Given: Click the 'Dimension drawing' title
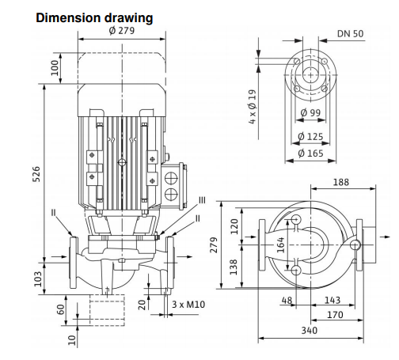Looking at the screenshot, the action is point(94,18).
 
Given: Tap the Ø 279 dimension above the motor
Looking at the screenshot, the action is point(122,31).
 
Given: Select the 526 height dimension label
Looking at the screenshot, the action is point(36,174).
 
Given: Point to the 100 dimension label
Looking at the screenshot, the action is point(55,68).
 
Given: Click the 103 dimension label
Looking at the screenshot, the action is point(38,279).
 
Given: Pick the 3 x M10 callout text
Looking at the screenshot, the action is point(188,305).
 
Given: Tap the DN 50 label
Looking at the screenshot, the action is point(350,34).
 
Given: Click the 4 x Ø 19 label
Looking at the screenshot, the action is point(253,107).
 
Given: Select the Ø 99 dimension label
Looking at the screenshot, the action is point(310,112).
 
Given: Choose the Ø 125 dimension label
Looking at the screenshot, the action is point(310,137).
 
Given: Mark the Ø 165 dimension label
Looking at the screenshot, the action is point(310,153).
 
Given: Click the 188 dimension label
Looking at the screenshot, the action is point(341,182).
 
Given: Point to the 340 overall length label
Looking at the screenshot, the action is point(310,331).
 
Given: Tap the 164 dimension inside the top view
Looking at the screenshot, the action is point(281,244).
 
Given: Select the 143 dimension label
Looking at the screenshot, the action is point(332,300).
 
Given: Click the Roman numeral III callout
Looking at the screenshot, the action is point(202,200).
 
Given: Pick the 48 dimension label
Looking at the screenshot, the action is point(287,300).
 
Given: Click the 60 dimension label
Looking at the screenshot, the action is point(61,309).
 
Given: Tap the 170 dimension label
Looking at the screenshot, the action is point(335,315).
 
